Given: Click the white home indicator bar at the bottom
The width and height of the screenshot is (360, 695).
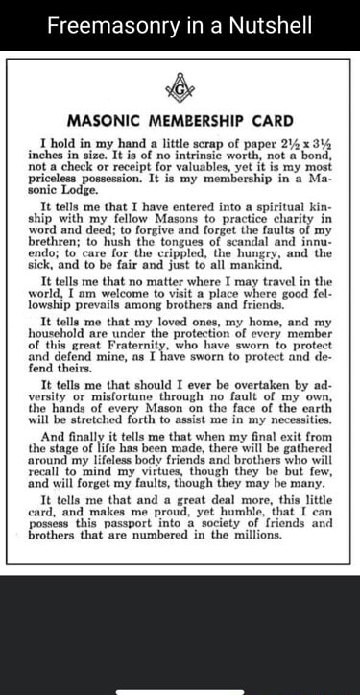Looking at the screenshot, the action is click(x=180, y=690).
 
